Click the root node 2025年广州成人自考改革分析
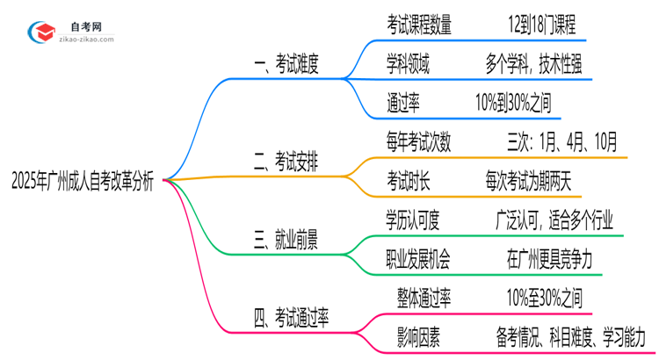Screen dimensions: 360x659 [83, 181]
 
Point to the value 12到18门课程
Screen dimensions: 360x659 [536, 25]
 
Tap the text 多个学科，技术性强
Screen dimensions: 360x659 [532, 63]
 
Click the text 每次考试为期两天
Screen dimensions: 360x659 [528, 180]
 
